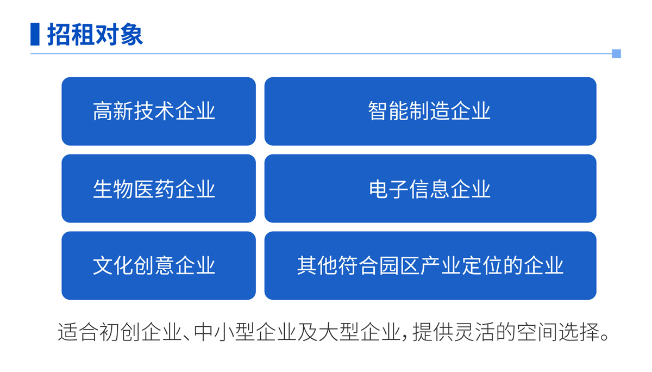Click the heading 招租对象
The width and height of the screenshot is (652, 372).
click(x=95, y=34)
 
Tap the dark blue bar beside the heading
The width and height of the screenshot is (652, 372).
click(x=35, y=34)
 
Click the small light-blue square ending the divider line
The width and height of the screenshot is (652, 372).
click(x=616, y=54)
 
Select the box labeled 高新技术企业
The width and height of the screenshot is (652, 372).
click(x=159, y=111)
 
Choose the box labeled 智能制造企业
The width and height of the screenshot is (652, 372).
click(x=430, y=111)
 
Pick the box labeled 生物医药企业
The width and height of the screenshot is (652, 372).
click(x=159, y=189)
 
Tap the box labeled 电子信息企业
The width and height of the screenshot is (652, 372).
click(x=430, y=189)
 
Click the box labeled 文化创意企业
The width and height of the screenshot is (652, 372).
click(x=159, y=265)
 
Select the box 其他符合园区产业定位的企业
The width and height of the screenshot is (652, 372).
click(x=430, y=265)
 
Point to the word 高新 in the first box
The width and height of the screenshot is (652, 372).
click(x=113, y=111)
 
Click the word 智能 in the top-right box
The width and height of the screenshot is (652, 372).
click(x=388, y=111)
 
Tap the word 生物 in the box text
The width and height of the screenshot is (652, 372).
click(x=113, y=189)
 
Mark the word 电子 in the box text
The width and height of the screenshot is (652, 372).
click(x=388, y=189)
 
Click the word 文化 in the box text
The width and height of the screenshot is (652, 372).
click(x=113, y=265)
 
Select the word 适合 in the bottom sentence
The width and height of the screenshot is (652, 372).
click(x=78, y=332)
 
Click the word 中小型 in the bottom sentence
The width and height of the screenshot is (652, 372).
click(x=224, y=332)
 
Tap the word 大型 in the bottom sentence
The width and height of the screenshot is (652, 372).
click(x=339, y=332)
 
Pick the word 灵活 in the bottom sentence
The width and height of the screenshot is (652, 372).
click(x=475, y=332)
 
